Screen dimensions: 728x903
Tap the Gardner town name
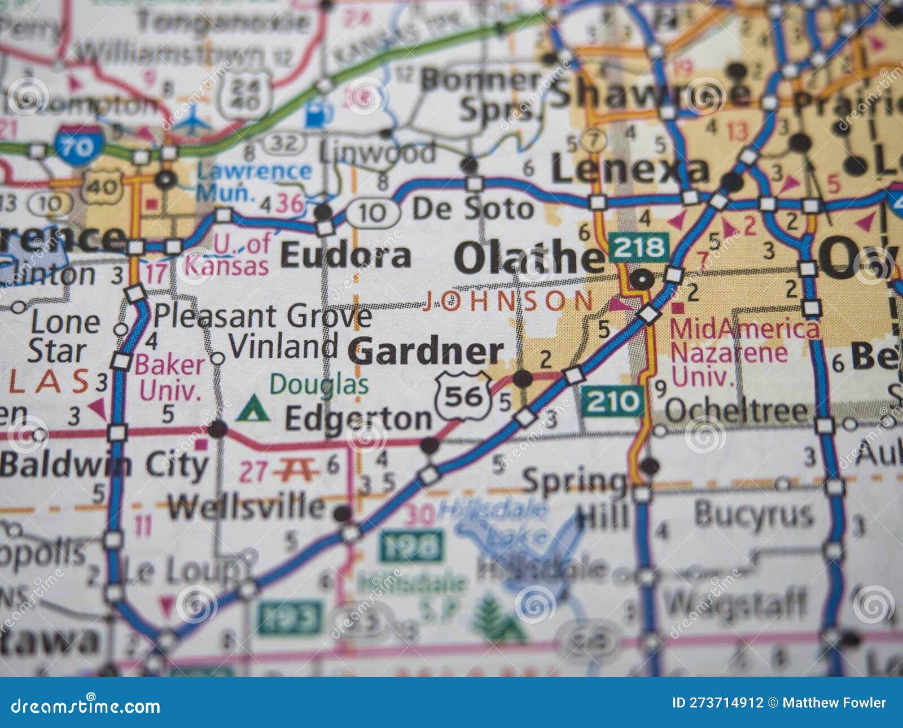tap(426, 351)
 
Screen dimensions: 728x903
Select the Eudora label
tap(345, 256)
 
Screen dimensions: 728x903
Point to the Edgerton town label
tap(358, 419)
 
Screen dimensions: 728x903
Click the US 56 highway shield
tap(463, 397)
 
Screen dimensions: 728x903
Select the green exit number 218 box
tap(639, 247)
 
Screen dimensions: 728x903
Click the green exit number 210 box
tap(612, 402)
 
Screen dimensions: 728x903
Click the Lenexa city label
tap(629, 170)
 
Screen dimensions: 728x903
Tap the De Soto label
tap(473, 209)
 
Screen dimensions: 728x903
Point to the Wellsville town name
tap(247, 507)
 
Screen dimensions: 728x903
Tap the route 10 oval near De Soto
tap(372, 213)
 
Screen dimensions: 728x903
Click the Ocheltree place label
tap(737, 412)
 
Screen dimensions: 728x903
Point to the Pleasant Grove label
tap(262, 316)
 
